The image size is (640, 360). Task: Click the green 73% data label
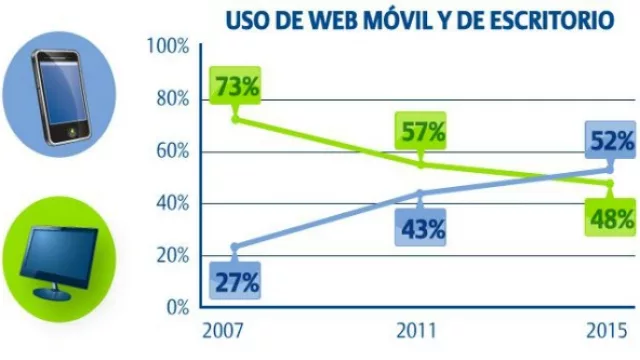point(236,86)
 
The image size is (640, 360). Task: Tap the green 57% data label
point(422,131)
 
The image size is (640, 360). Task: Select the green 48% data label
point(610,217)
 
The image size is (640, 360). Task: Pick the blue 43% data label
point(422,229)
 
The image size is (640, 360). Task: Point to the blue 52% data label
point(610,141)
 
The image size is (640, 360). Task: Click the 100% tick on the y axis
point(167,46)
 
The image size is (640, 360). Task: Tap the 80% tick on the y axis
point(171,99)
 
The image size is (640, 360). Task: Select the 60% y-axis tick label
point(171,151)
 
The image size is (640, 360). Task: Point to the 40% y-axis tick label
point(171,203)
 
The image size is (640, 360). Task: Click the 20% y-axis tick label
point(171,255)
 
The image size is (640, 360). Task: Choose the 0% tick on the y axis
point(176,307)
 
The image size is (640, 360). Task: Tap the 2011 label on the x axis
point(420,331)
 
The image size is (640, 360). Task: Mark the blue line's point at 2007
point(235,246)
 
